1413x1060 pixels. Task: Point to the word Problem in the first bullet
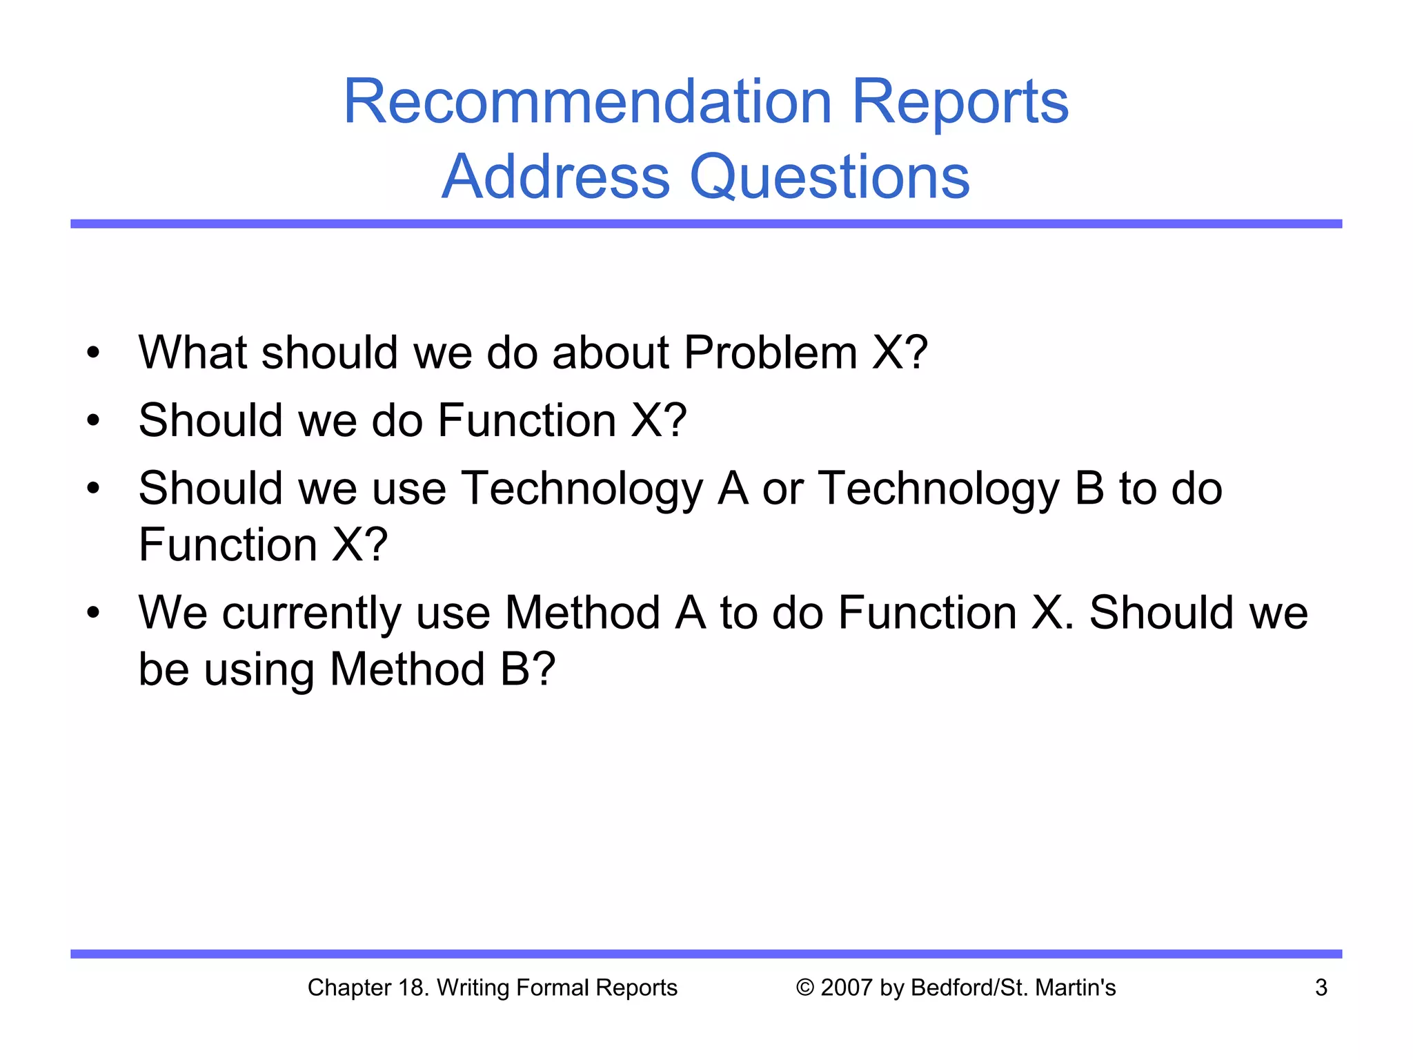[x=771, y=353]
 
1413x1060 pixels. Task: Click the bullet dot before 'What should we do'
[x=94, y=353]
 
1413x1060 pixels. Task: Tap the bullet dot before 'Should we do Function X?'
[x=94, y=420]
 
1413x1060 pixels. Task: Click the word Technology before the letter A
[x=582, y=489]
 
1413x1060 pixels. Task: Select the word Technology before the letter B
[x=939, y=489]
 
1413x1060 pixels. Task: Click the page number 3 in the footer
[x=1321, y=988]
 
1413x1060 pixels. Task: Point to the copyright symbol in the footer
[x=805, y=988]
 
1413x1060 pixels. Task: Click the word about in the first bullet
[x=611, y=353]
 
